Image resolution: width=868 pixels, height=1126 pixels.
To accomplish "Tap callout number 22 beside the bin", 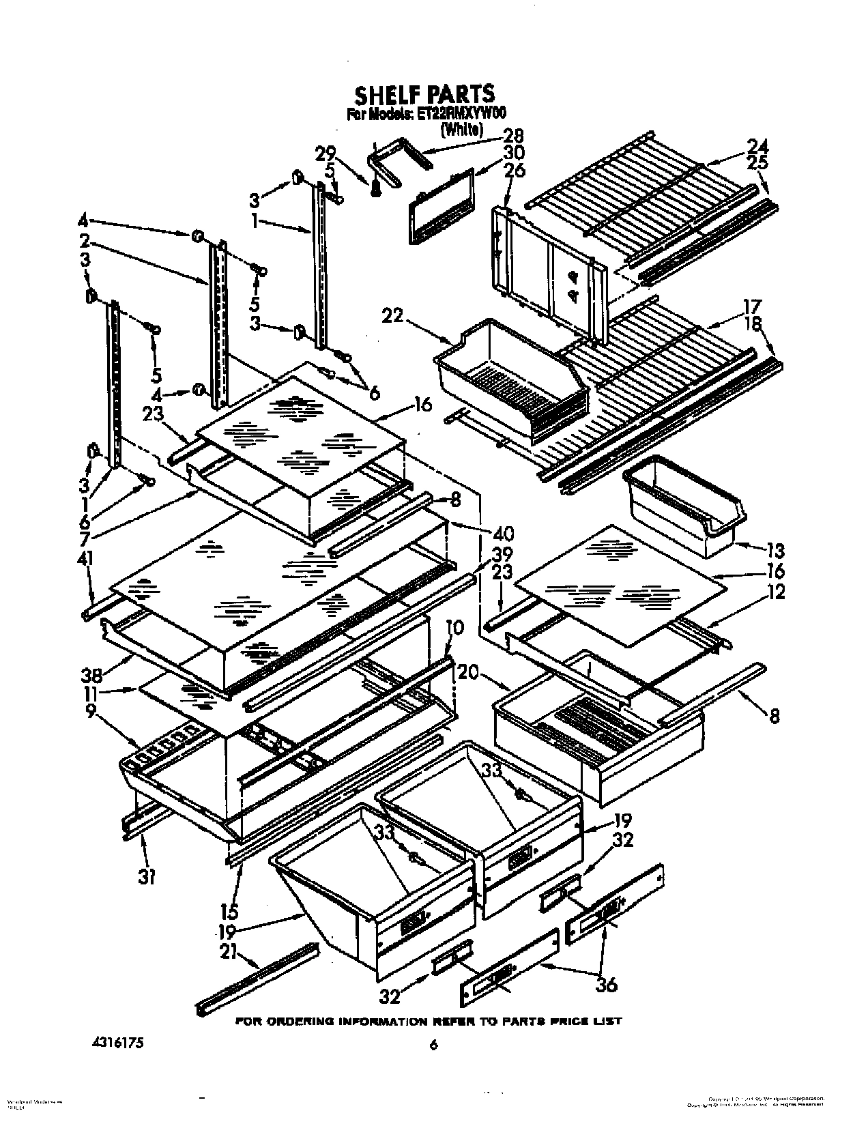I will point(393,317).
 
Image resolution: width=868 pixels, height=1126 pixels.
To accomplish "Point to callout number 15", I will point(229,911).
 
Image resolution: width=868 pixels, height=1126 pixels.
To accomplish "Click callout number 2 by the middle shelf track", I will point(85,240).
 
